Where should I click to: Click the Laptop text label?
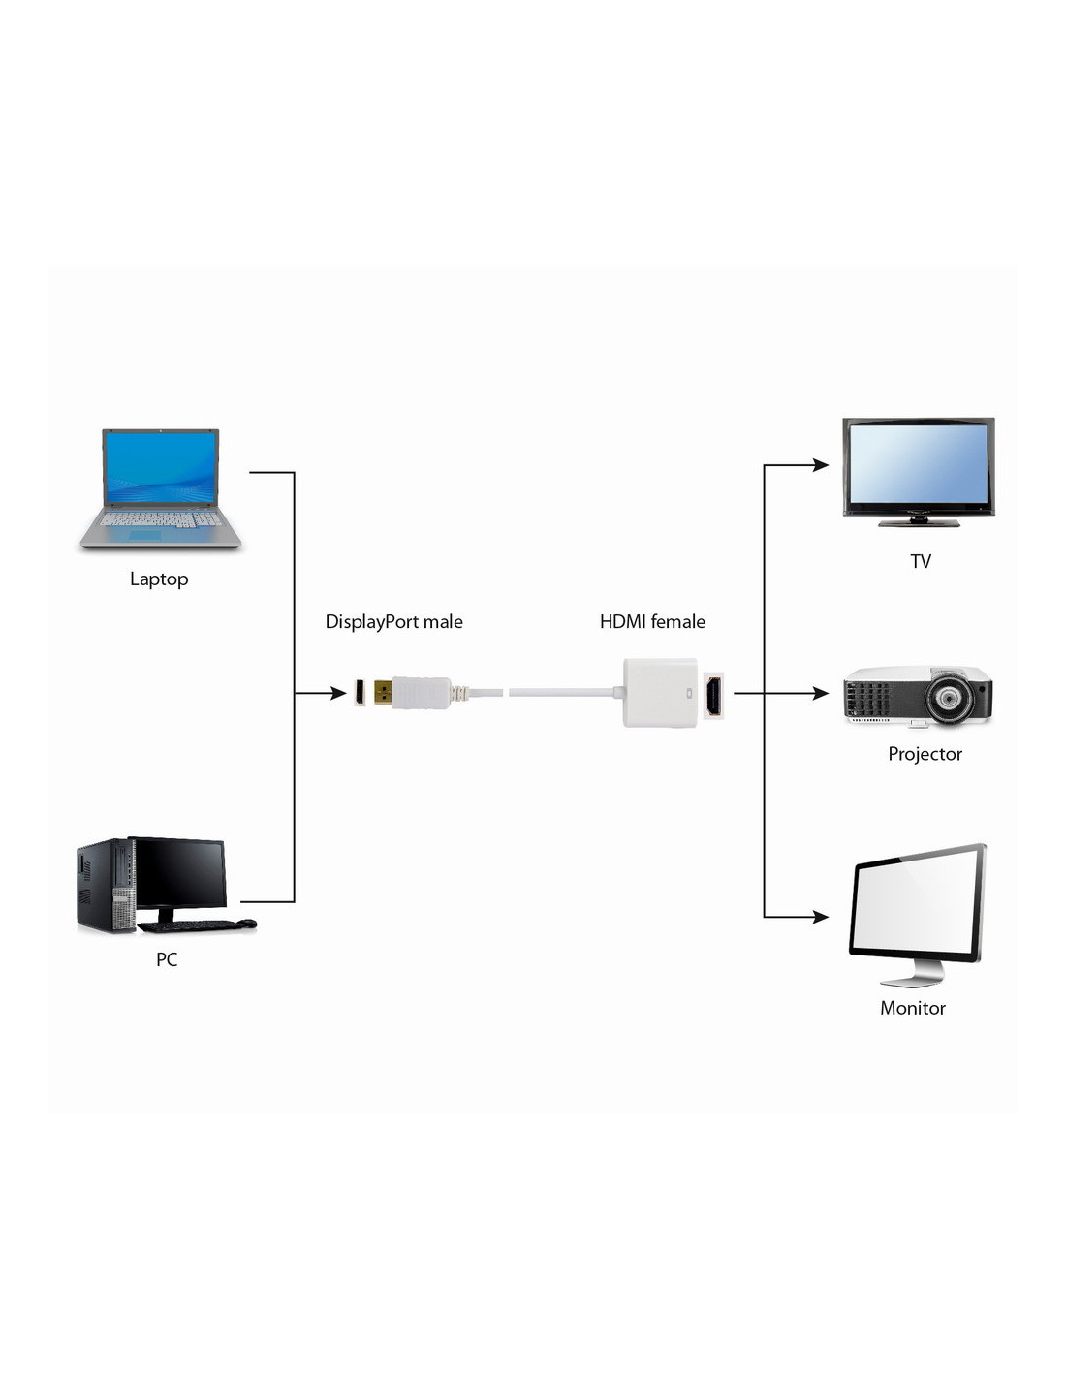click(x=159, y=579)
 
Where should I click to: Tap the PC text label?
click(x=167, y=959)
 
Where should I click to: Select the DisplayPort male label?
click(x=393, y=621)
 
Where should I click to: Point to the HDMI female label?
click(x=652, y=621)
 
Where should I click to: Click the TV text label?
click(x=921, y=561)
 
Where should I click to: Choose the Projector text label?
click(x=925, y=753)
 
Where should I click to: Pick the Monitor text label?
click(x=912, y=1008)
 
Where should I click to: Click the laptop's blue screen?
click(x=160, y=467)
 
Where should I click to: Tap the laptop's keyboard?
click(x=160, y=520)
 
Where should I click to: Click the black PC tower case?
click(x=106, y=886)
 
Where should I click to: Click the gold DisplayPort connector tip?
click(x=383, y=693)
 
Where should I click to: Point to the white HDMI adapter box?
click(x=661, y=693)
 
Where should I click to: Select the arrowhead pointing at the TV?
click(x=822, y=465)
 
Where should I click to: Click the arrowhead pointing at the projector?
click(x=822, y=693)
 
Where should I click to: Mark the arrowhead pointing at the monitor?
click(x=822, y=916)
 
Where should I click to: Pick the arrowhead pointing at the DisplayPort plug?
click(x=339, y=693)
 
